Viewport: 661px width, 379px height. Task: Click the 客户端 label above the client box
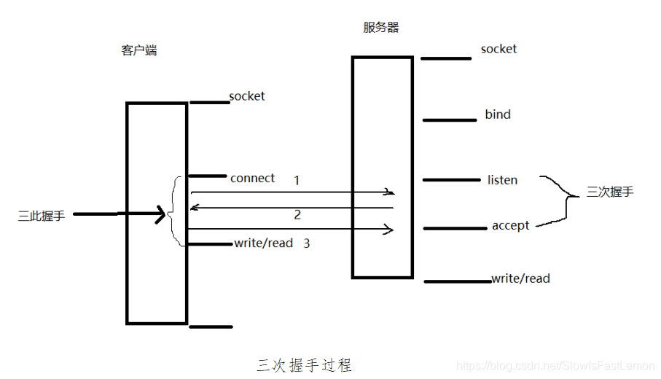(138, 51)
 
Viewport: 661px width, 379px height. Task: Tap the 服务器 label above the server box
(381, 28)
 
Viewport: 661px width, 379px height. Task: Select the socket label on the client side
(246, 96)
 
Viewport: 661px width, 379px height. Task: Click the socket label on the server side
(498, 49)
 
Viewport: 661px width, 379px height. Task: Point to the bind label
(498, 114)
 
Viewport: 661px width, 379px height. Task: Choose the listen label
(502, 180)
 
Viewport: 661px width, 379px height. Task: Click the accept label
(510, 225)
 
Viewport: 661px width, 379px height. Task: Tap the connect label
(252, 178)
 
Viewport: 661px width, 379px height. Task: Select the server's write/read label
(520, 278)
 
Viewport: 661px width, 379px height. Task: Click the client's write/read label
(263, 243)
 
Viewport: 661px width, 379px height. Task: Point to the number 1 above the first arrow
(297, 180)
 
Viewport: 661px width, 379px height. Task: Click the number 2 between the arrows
(297, 215)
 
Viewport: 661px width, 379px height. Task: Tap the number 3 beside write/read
(306, 243)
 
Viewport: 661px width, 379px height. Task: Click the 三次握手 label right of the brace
(610, 192)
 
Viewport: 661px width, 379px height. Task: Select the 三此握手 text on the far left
(42, 216)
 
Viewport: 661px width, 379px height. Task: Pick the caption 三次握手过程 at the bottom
(304, 364)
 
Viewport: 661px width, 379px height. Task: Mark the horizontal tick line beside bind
(449, 120)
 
